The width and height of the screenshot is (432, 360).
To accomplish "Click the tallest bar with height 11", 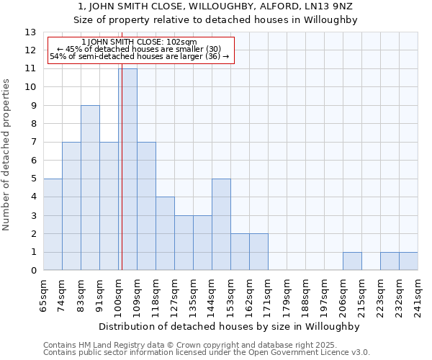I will (x=127, y=169).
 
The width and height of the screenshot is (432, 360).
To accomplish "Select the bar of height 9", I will (x=90, y=188).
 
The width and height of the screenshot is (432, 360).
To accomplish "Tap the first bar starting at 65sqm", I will (x=53, y=225).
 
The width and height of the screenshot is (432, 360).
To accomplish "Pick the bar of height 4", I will (x=165, y=234).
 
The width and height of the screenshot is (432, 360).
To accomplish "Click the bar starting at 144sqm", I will (x=221, y=225).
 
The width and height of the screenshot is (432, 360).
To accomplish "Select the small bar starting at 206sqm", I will (x=352, y=261).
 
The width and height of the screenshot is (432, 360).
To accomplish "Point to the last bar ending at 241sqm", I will (x=408, y=261).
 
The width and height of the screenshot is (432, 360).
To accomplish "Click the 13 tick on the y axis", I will (x=30, y=32).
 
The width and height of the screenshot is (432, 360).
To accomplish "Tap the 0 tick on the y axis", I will (x=33, y=271).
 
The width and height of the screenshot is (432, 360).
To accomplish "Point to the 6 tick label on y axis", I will (x=33, y=161).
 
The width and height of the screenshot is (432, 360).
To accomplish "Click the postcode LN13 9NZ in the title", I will (x=330, y=6).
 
